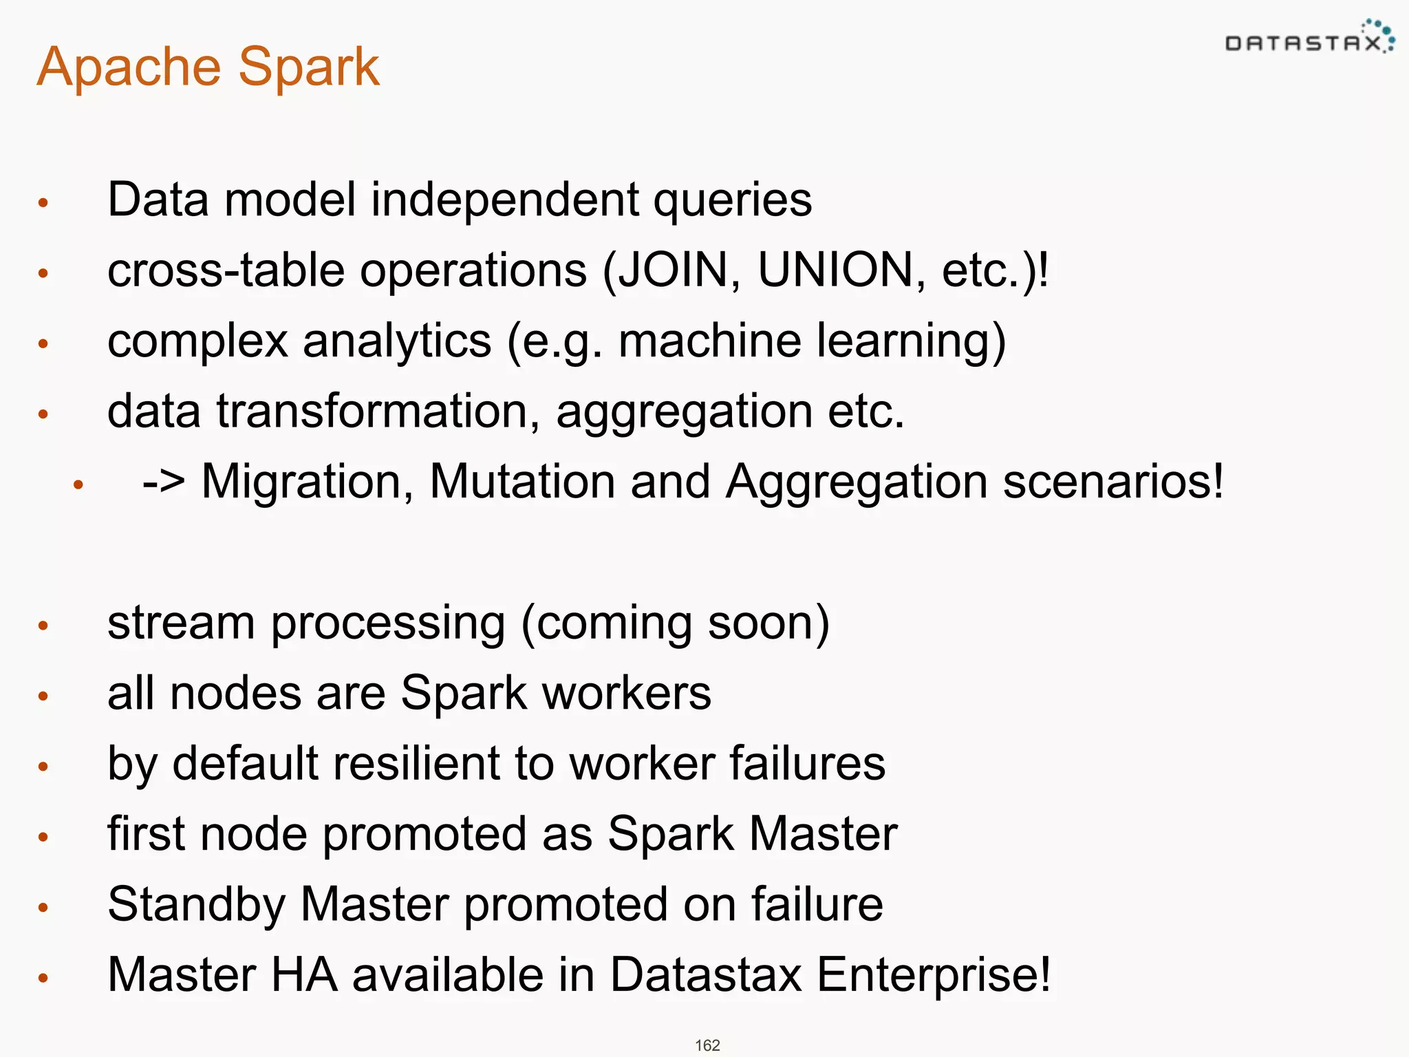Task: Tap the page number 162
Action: tap(707, 1045)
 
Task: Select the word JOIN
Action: tap(673, 270)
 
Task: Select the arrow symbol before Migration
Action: tap(164, 481)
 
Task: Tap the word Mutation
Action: tap(522, 481)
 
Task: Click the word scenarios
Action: tap(1112, 481)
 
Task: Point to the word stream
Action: tap(181, 623)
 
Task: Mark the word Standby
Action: tap(196, 904)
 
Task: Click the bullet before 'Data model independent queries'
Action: tap(43, 203)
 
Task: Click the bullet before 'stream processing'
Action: tap(43, 626)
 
